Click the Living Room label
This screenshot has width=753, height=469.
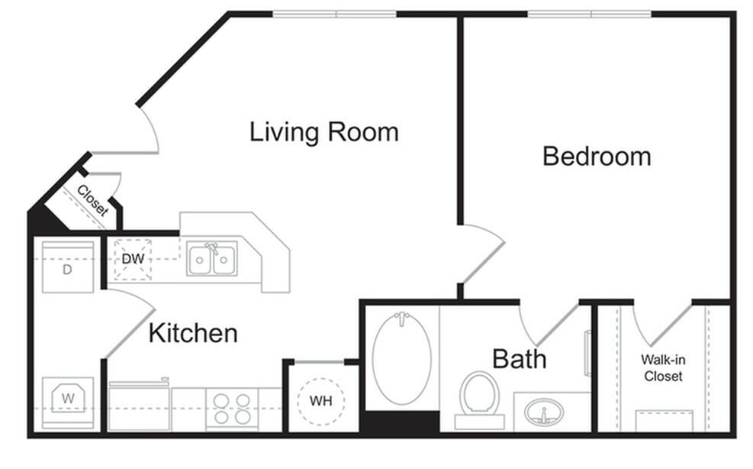tap(323, 132)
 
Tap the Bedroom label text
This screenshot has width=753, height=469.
tap(596, 157)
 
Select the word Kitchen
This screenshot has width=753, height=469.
tap(192, 333)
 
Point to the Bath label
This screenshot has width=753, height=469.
tap(519, 358)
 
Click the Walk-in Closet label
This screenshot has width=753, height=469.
tap(662, 367)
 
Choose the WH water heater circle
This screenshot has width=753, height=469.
tap(320, 400)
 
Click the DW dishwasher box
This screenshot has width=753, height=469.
tap(133, 259)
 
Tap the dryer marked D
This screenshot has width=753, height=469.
tap(67, 267)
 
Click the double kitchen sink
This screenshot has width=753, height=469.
tap(213, 258)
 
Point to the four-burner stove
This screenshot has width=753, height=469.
tap(232, 409)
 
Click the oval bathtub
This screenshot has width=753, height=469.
tap(401, 357)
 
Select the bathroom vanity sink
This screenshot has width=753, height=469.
tap(544, 412)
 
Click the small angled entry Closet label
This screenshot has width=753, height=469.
tap(92, 200)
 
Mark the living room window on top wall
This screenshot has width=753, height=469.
tap(335, 14)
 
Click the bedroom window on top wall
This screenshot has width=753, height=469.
tap(590, 14)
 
